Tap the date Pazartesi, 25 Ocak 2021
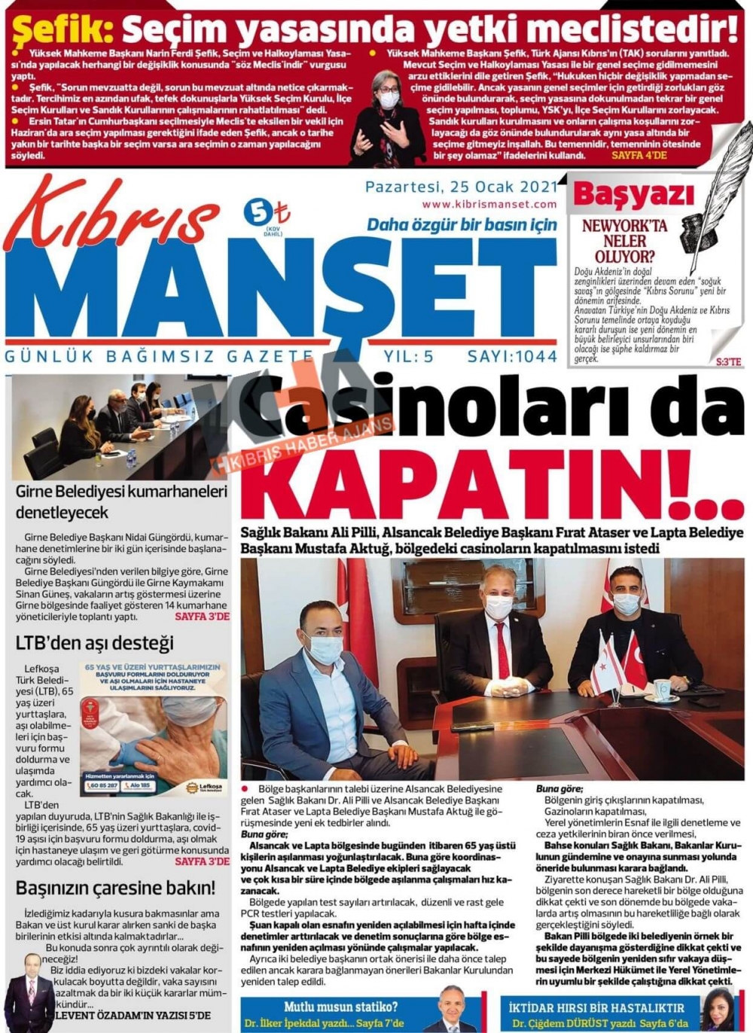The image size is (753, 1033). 461,187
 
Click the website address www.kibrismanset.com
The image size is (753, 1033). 489,204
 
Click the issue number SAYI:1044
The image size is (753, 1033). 512,356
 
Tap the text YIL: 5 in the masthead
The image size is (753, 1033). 408,356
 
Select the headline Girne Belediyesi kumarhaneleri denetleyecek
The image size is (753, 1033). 120,502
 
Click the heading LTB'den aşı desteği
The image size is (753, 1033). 94,643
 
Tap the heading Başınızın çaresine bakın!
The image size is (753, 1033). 115,888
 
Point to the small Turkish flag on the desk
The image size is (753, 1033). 634,663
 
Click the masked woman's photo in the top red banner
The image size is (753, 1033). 388,113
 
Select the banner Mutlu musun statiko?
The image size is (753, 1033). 340,1007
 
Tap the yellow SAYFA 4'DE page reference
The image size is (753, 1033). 639,156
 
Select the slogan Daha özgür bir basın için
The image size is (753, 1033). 462,224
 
